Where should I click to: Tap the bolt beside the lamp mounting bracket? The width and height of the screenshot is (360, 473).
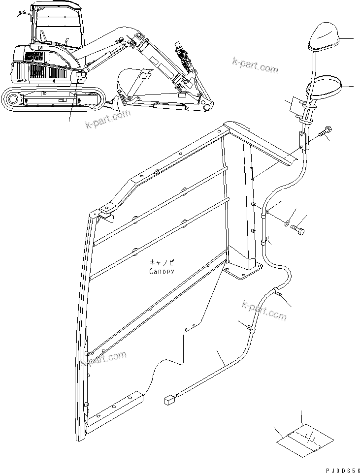pyautogui.click(x=325, y=132)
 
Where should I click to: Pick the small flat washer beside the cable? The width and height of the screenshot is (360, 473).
pyautogui.click(x=287, y=224)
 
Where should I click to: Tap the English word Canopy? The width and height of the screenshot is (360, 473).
pyautogui.click(x=162, y=271)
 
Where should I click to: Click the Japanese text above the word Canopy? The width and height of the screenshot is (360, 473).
pyautogui.click(x=162, y=263)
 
